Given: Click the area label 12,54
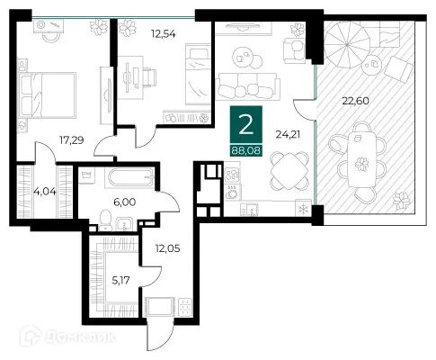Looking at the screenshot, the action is tap(164, 34).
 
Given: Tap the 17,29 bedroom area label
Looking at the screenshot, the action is tap(71, 139).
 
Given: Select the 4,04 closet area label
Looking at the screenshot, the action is tap(45, 191).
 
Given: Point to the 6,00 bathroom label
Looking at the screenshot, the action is tap(124, 202).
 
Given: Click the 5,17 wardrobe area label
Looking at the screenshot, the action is tap(120, 281).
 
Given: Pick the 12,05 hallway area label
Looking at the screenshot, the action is tap(167, 248).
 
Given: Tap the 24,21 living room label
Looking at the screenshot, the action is tap(288, 135).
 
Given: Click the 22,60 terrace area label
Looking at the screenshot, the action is tap(355, 101).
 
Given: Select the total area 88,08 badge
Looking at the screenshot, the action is tap(245, 149).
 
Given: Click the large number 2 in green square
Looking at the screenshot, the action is tap(246, 125).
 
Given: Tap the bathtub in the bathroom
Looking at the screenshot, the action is tap(130, 177).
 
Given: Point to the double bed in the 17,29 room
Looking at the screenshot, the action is tap(48, 95).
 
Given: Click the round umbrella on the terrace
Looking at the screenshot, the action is tap(347, 45).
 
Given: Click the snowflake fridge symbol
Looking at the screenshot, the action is tap(304, 208).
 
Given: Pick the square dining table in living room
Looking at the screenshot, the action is tap(289, 171).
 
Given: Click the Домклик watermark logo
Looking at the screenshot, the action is tap(67, 337).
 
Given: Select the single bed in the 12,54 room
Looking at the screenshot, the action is tap(198, 74).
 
